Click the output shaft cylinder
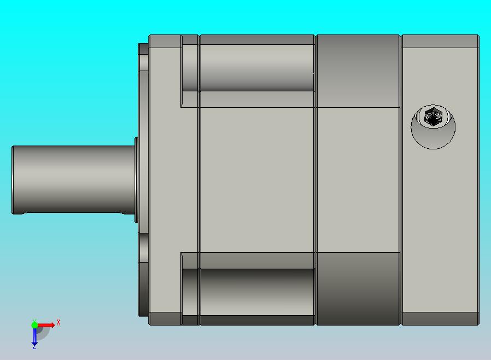74,180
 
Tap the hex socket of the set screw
433,116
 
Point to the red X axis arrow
46,325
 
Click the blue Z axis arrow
34,336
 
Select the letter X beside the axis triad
59,322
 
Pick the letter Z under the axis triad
34,347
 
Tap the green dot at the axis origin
34,325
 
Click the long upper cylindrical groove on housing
258,68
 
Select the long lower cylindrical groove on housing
258,292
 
